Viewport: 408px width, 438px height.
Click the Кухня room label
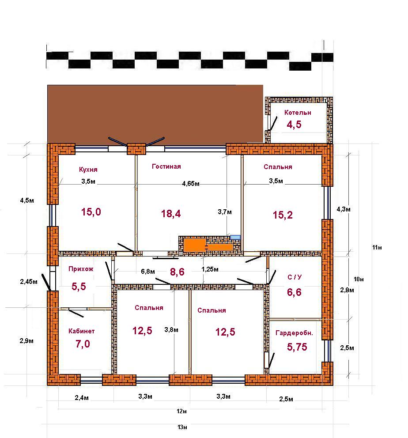[88, 170]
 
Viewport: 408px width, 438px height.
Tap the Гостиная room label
[166, 166]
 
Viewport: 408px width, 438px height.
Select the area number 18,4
[171, 214]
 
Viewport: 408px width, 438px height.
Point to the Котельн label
[298, 113]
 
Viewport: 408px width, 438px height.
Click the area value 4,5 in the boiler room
[294, 125]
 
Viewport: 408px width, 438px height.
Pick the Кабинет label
[82, 331]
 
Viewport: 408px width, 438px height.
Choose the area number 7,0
[83, 344]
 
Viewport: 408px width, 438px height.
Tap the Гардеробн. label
[294, 333]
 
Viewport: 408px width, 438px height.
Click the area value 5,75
[297, 347]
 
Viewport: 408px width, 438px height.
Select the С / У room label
[295, 277]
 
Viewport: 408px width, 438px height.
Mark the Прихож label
[81, 269]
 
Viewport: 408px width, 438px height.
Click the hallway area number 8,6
[178, 272]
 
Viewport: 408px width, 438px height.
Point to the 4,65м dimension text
[191, 184]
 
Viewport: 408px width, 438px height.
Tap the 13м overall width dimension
[182, 427]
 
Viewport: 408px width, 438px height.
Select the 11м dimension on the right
[377, 248]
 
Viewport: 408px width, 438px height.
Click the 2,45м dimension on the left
[29, 282]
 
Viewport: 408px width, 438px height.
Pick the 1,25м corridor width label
[210, 269]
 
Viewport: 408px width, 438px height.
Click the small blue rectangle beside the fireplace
[235, 238]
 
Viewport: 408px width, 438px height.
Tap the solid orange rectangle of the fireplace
[195, 245]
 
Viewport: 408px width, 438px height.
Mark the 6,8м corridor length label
[148, 272]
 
